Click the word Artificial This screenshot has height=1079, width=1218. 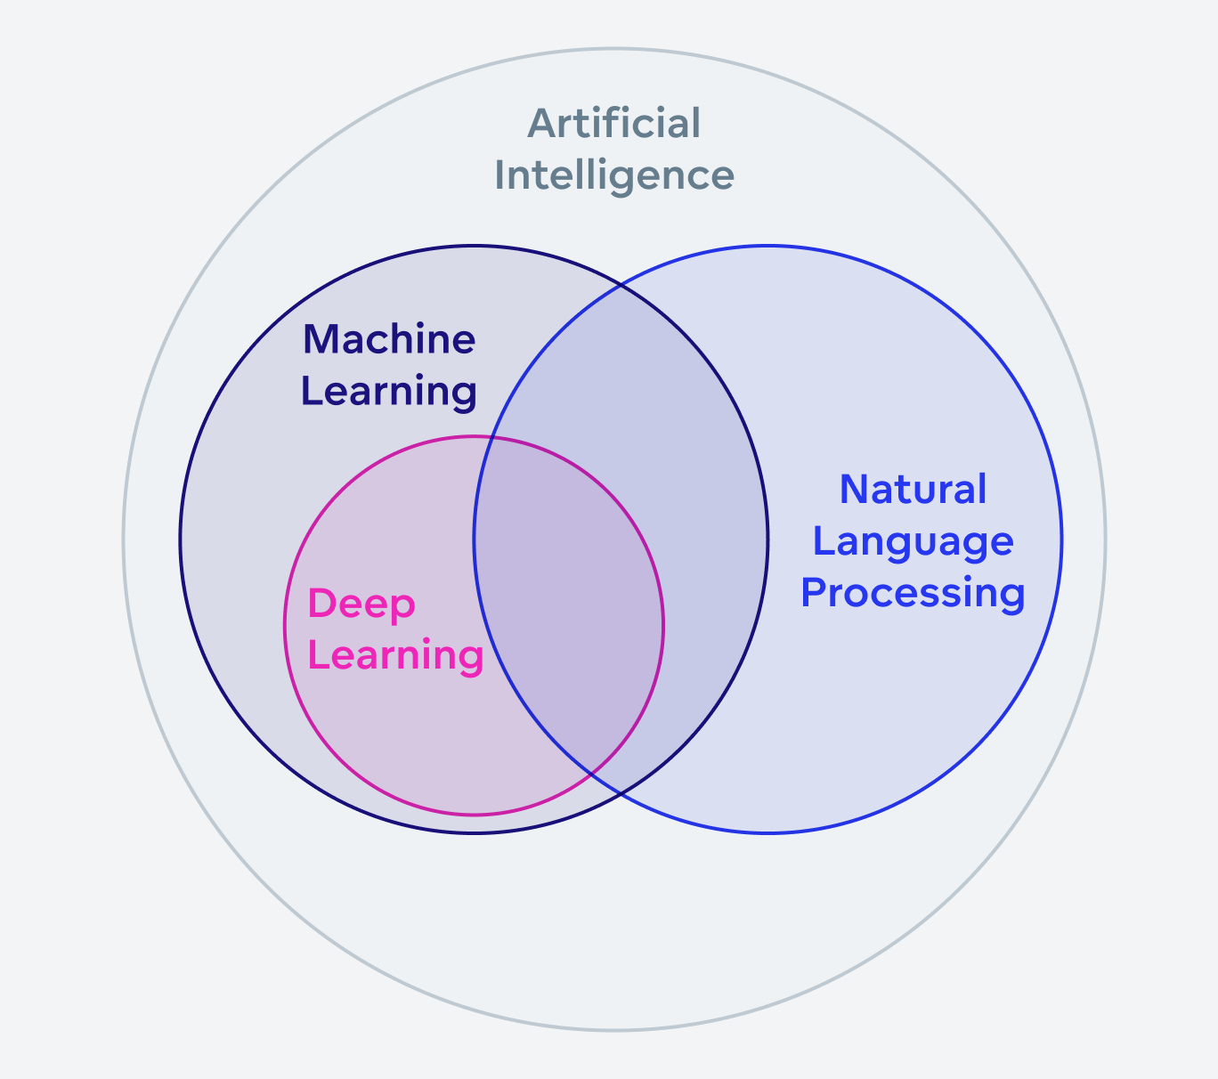[614, 124]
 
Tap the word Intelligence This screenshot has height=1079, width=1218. [614, 175]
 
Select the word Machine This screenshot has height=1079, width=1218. [389, 339]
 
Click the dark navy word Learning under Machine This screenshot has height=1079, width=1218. [389, 391]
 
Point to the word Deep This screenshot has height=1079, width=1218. [361, 605]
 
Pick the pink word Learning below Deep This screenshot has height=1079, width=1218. [395, 655]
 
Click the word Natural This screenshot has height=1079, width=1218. [913, 490]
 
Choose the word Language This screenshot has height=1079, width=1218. [913, 541]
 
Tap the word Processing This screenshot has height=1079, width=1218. [913, 593]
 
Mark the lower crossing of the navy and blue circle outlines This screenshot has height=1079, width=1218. [621, 794]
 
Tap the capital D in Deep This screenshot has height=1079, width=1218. [320, 604]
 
